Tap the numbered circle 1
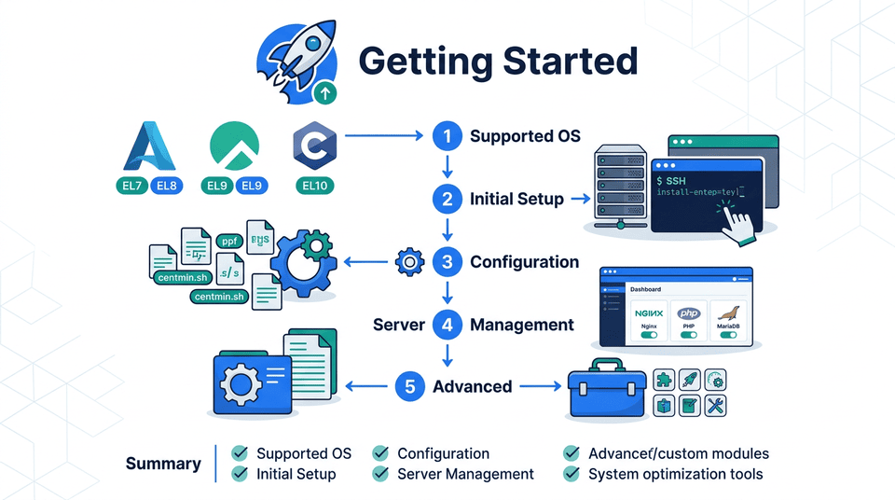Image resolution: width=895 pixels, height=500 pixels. (447, 136)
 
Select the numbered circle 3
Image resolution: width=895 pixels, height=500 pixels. (447, 262)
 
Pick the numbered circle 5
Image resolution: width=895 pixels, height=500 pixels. (410, 386)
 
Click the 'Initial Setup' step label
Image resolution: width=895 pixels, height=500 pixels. (516, 199)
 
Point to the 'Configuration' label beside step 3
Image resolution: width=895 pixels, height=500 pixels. (524, 262)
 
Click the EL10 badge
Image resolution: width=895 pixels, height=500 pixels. (316, 186)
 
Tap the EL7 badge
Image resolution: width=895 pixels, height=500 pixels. (132, 186)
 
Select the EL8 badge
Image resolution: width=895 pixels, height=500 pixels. (167, 186)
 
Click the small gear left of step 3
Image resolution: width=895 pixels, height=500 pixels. (409, 262)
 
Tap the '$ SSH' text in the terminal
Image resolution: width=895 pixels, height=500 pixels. (674, 177)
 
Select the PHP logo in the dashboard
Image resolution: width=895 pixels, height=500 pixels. (689, 314)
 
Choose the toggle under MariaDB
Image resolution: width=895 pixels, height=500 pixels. (729, 334)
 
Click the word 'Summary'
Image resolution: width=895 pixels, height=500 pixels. (163, 464)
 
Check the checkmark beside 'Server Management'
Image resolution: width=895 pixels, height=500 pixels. (380, 474)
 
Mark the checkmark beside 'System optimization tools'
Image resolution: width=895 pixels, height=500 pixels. (571, 474)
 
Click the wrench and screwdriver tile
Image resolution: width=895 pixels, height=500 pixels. (716, 405)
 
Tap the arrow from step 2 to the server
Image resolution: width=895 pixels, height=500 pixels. (579, 199)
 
